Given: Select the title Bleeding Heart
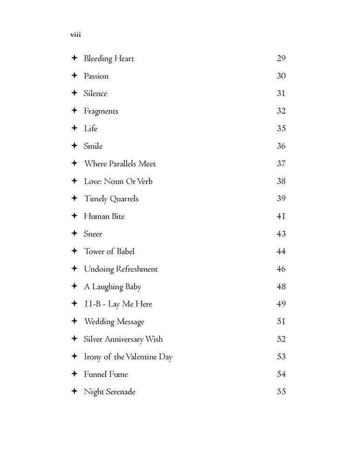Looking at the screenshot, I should [109, 59].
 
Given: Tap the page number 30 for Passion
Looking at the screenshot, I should [281, 76].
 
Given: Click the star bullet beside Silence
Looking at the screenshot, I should [74, 93].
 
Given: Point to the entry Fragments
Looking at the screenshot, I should [101, 111].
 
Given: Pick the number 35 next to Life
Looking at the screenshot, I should [281, 129].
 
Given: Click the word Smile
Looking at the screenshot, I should [93, 146].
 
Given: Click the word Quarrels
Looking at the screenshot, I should [124, 199].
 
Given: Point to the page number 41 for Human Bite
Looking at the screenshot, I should [281, 216].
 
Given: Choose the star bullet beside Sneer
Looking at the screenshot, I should [74, 233].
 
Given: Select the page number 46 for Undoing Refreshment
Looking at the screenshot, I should [281, 269].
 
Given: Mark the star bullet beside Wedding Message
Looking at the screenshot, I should [74, 322].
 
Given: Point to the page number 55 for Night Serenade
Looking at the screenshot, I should [281, 392].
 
